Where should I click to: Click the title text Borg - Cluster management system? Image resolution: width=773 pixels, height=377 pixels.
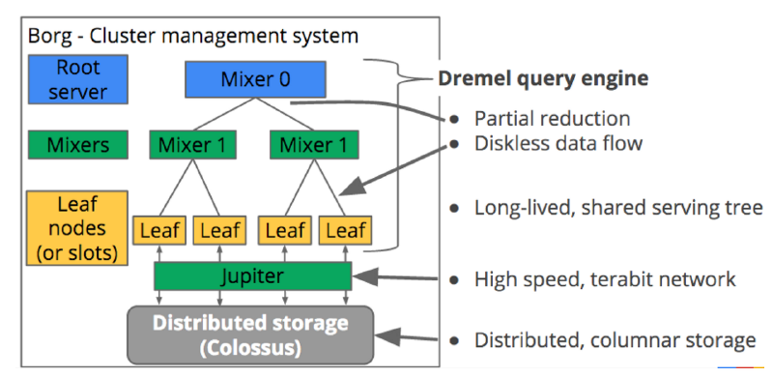tap(193, 37)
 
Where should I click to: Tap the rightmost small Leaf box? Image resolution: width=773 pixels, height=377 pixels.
tap(345, 230)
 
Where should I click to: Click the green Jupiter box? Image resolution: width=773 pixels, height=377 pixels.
tap(250, 277)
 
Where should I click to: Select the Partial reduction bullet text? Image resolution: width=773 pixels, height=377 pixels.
tap(552, 119)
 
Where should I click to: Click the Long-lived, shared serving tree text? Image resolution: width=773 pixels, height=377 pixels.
tap(618, 208)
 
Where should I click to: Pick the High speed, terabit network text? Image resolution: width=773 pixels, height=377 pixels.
tap(605, 279)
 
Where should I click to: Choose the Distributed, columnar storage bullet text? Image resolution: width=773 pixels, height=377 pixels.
tap(615, 340)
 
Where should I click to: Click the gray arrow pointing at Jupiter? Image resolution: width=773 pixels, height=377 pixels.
tap(396, 278)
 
